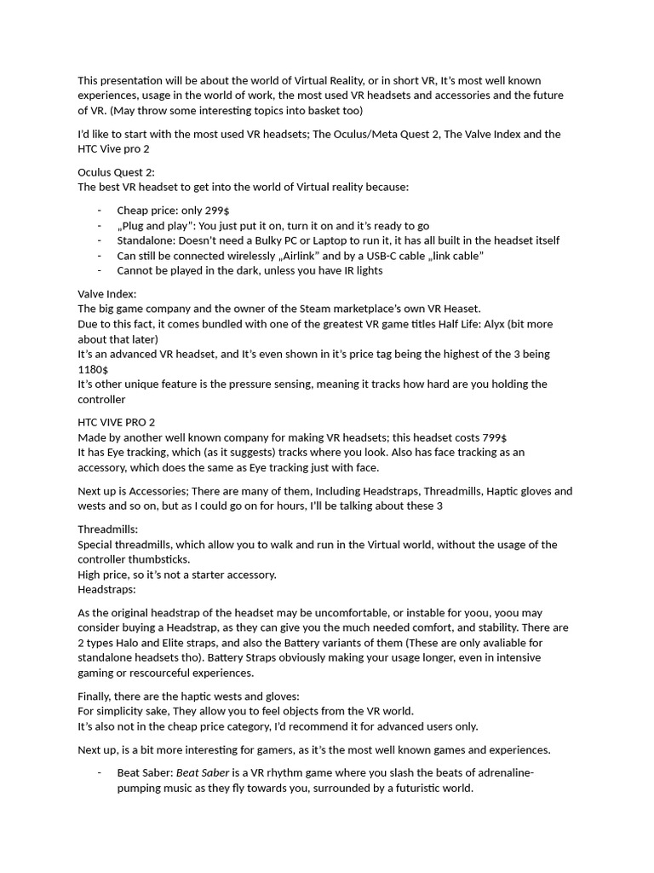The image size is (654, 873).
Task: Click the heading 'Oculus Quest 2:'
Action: tap(116, 172)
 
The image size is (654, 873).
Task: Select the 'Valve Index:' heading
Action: tap(106, 294)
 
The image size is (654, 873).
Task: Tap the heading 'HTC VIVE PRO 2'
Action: tap(116, 422)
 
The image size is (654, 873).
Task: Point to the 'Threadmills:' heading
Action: tap(107, 529)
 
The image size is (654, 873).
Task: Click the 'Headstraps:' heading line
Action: tap(106, 589)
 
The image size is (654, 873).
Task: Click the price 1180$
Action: tap(93, 369)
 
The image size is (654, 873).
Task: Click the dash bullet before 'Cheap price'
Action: tap(100, 210)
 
